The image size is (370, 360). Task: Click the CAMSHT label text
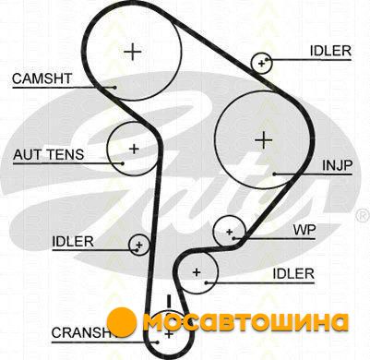pyautogui.click(x=42, y=78)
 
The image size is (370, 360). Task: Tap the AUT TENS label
pyautogui.click(x=48, y=154)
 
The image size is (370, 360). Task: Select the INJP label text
pyautogui.click(x=337, y=166)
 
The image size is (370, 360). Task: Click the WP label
pyautogui.click(x=304, y=230)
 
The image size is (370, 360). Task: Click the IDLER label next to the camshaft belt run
pyautogui.click(x=330, y=51)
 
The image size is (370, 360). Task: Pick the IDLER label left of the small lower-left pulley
pyautogui.click(x=73, y=242)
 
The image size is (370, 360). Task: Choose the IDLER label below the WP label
pyautogui.click(x=293, y=273)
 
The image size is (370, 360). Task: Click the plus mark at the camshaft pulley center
pyautogui.click(x=133, y=52)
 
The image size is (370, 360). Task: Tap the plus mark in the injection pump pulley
pyautogui.click(x=264, y=140)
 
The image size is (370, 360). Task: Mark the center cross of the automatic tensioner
pyautogui.click(x=134, y=149)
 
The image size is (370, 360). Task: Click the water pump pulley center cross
pyautogui.click(x=229, y=232)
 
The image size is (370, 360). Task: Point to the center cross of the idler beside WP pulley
pyautogui.click(x=197, y=272)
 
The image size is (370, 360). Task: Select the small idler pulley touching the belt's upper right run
pyautogui.click(x=261, y=63)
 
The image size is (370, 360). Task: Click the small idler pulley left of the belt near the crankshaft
pyautogui.click(x=139, y=245)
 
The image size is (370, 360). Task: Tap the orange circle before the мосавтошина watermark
pyautogui.click(x=122, y=322)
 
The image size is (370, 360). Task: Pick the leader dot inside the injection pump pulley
pyautogui.click(x=274, y=174)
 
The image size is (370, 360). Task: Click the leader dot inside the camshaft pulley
pyautogui.click(x=114, y=88)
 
